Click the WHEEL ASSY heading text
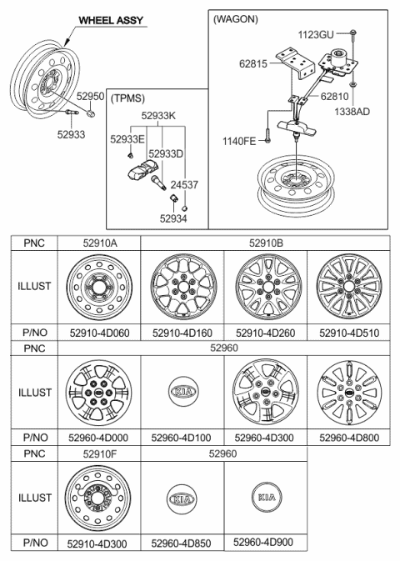[111, 20]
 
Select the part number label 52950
[91, 97]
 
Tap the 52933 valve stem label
[71, 134]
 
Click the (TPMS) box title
[128, 98]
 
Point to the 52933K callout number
[158, 116]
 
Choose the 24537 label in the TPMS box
[184, 184]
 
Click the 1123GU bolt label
[316, 35]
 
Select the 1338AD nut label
[352, 112]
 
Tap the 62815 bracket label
[253, 63]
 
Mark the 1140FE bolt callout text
[239, 142]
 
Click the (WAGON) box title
[236, 19]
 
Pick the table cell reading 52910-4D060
[99, 333]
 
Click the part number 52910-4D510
[349, 333]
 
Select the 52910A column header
[100, 243]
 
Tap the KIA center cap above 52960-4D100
[182, 391]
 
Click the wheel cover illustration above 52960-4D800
[349, 392]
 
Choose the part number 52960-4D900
[263, 542]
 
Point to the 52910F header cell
[100, 454]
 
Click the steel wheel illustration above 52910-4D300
[98, 498]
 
